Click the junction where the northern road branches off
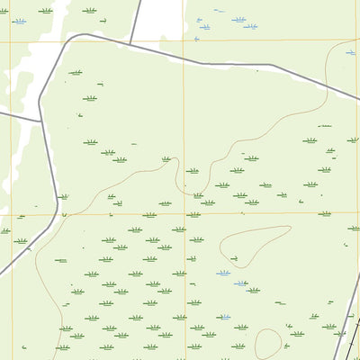click(130, 44)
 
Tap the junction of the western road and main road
click(40, 120)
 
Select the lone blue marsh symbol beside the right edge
click(351, 53)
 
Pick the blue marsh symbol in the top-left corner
click(19, 21)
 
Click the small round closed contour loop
click(267, 343)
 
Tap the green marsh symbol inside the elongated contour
click(234, 257)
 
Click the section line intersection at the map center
click(185, 214)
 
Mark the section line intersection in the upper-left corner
click(12, 40)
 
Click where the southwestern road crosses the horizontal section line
click(38, 214)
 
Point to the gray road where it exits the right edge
click(357, 99)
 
